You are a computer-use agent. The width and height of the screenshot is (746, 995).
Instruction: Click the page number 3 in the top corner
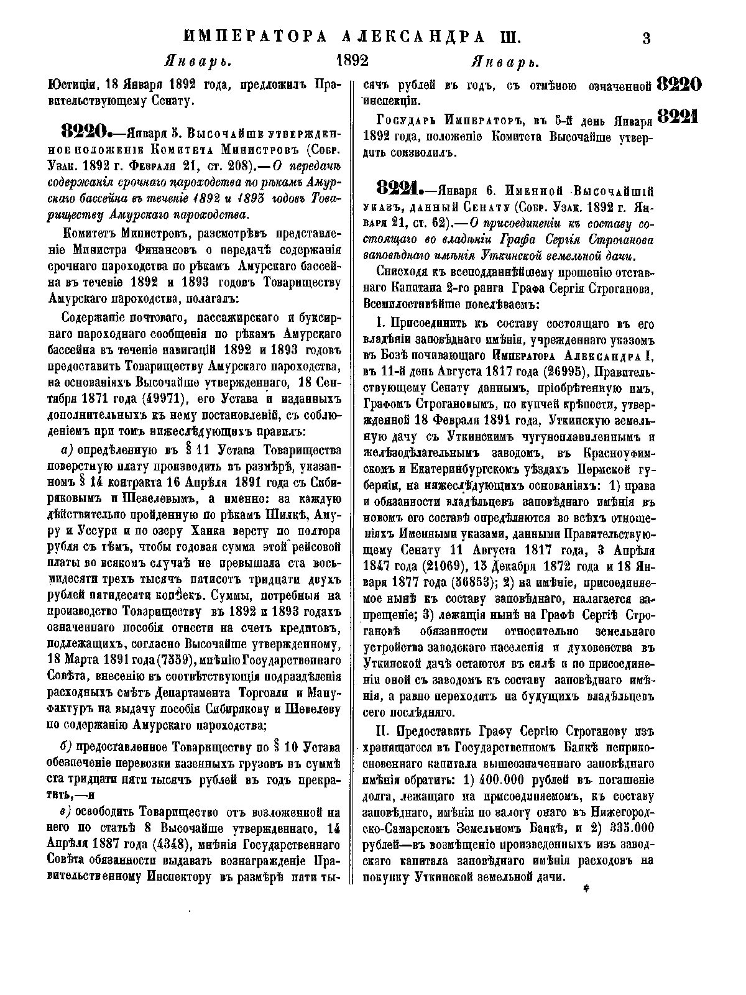646,38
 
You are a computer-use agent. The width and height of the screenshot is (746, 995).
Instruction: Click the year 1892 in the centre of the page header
352,62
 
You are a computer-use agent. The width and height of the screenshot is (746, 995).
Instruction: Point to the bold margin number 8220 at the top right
679,84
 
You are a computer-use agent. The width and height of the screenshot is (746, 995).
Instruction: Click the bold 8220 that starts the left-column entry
85,132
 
